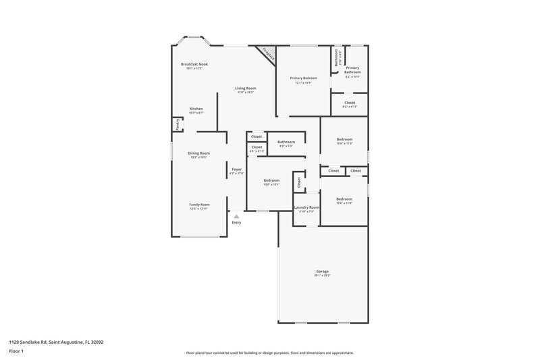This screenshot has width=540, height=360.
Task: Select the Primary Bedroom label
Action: point(304,78)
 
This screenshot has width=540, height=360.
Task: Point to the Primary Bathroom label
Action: point(352,70)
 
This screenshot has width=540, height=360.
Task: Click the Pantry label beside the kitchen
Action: point(178,124)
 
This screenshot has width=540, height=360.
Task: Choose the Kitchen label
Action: point(196,109)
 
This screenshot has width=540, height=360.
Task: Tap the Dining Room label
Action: point(199,153)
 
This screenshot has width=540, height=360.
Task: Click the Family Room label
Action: point(199,204)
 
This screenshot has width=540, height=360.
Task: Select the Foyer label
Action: point(236,169)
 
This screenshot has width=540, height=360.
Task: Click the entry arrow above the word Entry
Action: point(236,216)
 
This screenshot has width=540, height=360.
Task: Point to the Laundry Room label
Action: point(306,207)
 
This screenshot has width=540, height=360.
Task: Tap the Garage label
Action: point(322,271)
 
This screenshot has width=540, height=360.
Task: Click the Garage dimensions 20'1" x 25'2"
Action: point(322,275)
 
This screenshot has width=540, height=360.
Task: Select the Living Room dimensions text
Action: point(246,93)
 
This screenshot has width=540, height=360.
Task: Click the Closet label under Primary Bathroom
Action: point(350,103)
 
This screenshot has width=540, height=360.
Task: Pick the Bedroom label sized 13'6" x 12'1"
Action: point(271,180)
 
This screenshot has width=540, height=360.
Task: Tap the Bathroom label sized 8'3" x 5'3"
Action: point(286,142)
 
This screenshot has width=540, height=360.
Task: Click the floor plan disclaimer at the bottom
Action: point(269,353)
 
